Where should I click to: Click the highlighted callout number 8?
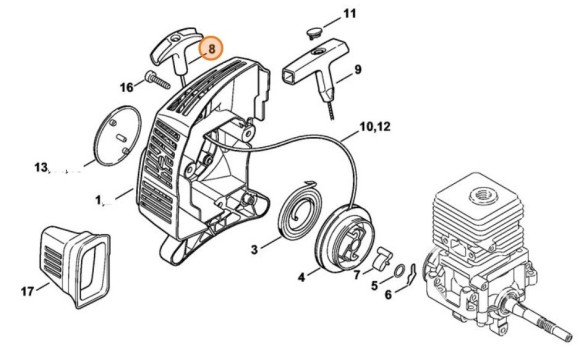[210, 48]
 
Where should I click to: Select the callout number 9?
[357, 69]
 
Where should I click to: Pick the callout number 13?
[40, 167]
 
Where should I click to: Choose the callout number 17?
[26, 291]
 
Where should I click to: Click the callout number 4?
[302, 276]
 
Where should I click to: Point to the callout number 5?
[373, 286]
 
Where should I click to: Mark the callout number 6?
[388, 296]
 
